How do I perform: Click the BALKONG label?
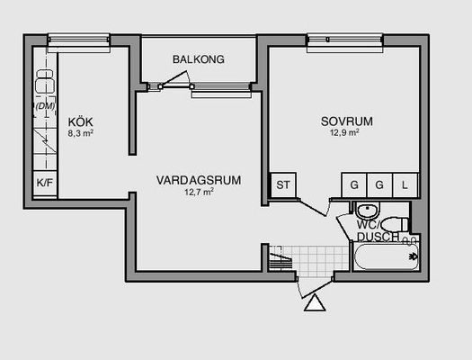point(199,59)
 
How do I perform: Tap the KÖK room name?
point(80,122)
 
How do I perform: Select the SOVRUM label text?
point(347,121)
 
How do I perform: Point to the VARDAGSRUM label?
point(199,180)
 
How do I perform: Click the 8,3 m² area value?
point(80,133)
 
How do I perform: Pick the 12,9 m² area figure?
point(344,132)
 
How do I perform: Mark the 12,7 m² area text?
point(200,192)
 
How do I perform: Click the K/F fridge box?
point(45,184)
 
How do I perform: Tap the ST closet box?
point(283,185)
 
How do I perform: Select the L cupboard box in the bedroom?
point(405,185)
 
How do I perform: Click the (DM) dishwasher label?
point(45,106)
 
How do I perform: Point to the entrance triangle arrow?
point(315,302)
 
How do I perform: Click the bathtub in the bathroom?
point(387,256)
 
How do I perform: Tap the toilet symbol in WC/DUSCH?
point(396,224)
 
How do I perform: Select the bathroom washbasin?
point(368,211)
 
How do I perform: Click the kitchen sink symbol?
point(45,81)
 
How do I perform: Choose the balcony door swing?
point(175,79)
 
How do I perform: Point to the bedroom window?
point(345,43)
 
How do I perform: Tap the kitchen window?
point(79,43)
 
